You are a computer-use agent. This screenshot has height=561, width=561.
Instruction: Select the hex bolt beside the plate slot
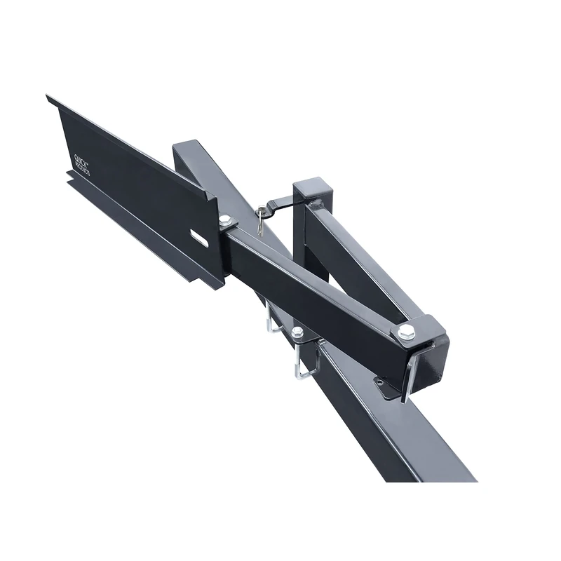tap(224, 222)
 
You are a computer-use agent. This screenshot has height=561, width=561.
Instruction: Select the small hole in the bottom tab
tap(381, 383)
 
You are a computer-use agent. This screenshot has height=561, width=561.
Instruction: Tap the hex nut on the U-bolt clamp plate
tap(297, 332)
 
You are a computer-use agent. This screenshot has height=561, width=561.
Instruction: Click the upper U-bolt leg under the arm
tap(270, 319)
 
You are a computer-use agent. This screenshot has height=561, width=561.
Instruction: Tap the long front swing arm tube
tap(316, 288)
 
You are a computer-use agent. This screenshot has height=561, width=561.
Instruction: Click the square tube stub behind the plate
tap(189, 158)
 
